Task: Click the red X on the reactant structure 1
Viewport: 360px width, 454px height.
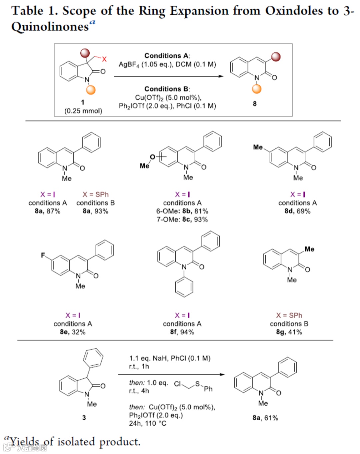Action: pyautogui.click(x=104, y=59)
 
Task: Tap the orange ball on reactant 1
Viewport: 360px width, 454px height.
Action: pyautogui.click(x=91, y=90)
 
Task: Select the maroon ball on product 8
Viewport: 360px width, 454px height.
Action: pyautogui.click(x=276, y=57)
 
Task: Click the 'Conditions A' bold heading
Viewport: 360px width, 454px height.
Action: pyautogui.click(x=167, y=56)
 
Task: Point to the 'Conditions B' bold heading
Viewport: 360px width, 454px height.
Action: pyautogui.click(x=167, y=89)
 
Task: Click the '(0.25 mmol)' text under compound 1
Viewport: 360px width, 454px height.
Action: pyautogui.click(x=83, y=111)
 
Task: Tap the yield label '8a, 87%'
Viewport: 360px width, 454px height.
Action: pyautogui.click(x=48, y=211)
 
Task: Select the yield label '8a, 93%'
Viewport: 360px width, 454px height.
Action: pyautogui.click(x=95, y=211)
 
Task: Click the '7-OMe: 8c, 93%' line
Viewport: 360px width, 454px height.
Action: pyautogui.click(x=182, y=219)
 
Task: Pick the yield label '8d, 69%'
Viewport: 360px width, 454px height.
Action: pyautogui.click(x=297, y=211)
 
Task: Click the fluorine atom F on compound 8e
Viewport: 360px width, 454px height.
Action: pyautogui.click(x=43, y=255)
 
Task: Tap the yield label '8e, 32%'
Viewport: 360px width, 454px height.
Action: pyautogui.click(x=73, y=332)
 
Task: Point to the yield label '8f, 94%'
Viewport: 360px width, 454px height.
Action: pyautogui.click(x=182, y=332)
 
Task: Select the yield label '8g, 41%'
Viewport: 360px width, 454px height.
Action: pyautogui.click(x=289, y=332)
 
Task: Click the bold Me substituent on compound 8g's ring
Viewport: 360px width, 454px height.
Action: pyautogui.click(x=309, y=249)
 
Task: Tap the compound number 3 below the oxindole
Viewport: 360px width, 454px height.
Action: pyautogui.click(x=84, y=417)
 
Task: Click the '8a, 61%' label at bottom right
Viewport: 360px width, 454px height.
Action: pyautogui.click(x=265, y=418)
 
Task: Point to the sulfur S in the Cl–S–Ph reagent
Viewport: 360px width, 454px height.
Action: pyautogui.click(x=197, y=384)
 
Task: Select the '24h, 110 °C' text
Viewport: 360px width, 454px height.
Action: pyautogui.click(x=148, y=423)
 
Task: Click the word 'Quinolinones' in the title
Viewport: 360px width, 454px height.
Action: pyautogui.click(x=50, y=27)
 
